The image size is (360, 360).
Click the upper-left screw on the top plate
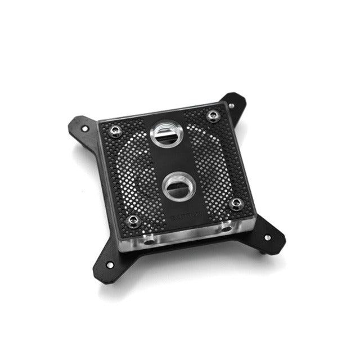(x=115, y=130)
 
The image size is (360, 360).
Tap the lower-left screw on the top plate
(x=132, y=220)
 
